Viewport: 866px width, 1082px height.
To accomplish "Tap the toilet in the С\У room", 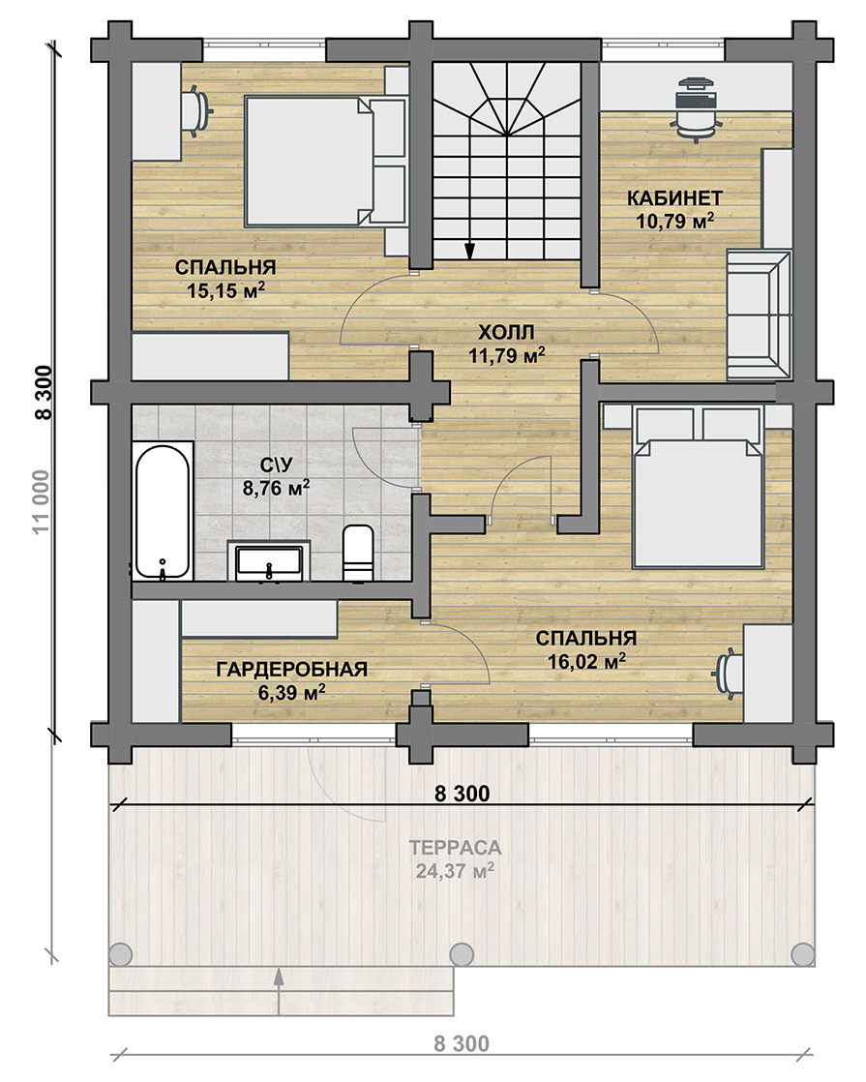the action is [x=358, y=553].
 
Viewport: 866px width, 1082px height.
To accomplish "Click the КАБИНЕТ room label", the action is [x=674, y=198].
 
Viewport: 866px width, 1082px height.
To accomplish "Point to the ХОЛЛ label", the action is [x=506, y=333].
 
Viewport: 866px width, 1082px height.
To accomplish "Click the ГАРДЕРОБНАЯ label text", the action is [x=292, y=670].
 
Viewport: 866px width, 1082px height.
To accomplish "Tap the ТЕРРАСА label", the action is [x=455, y=847].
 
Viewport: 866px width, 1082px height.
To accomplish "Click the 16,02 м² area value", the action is [x=587, y=661].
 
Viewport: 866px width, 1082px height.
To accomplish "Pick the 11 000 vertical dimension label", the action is [x=42, y=501].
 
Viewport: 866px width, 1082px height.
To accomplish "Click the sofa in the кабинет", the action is [x=759, y=315].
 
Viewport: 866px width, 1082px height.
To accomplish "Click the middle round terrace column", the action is [x=462, y=954].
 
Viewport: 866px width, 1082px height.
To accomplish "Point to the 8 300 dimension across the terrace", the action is [x=463, y=794].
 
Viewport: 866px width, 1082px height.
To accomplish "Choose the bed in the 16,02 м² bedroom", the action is [x=698, y=487].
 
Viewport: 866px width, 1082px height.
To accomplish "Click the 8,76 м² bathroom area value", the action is [x=276, y=488].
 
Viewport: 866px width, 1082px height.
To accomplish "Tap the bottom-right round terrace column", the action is [x=802, y=954].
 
